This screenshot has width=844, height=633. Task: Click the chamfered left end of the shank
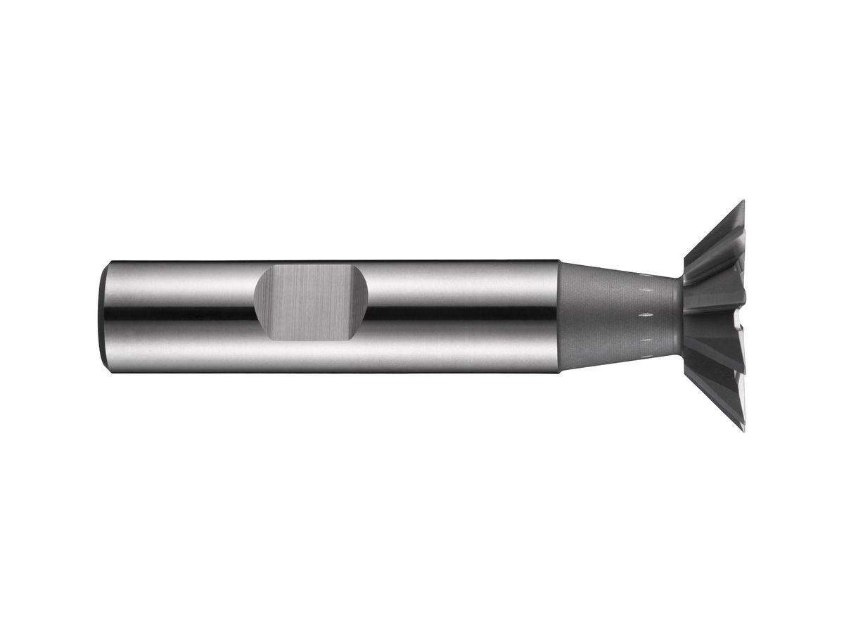103,316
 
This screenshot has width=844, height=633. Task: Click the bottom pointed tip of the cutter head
743,430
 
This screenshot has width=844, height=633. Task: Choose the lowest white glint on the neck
641,340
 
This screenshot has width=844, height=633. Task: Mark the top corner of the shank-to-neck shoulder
559,261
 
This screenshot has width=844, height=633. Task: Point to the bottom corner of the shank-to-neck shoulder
559,371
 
